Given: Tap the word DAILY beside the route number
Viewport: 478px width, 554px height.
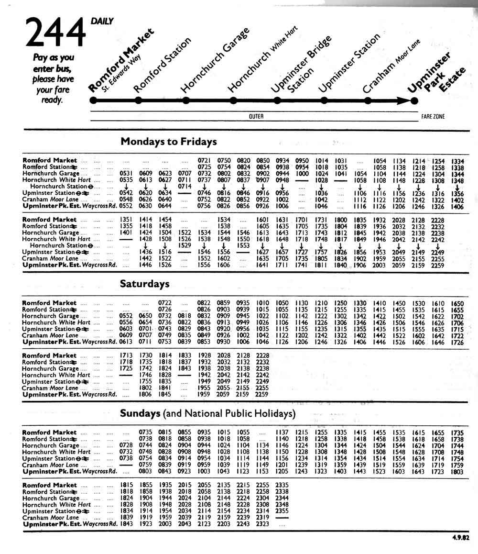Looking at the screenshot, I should [102, 21].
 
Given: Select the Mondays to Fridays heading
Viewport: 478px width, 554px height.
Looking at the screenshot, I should [169, 142].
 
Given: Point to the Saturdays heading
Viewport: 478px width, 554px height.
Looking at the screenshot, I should [144, 284].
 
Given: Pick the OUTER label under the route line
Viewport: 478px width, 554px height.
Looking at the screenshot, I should [256, 116].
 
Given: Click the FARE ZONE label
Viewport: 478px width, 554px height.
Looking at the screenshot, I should [433, 116].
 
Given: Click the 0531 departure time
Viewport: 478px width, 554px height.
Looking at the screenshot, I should [125, 173].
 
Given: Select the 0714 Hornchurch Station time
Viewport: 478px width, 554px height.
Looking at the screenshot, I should [185, 186].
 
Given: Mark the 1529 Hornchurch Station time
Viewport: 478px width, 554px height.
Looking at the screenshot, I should [185, 245].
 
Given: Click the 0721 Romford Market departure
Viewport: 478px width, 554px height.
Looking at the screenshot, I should [204, 160].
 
